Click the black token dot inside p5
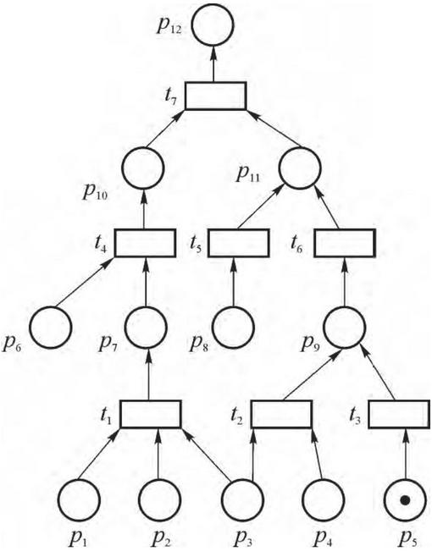click(405, 499)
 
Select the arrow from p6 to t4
click(85, 282)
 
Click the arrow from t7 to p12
click(213, 64)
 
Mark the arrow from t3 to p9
click(377, 373)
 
